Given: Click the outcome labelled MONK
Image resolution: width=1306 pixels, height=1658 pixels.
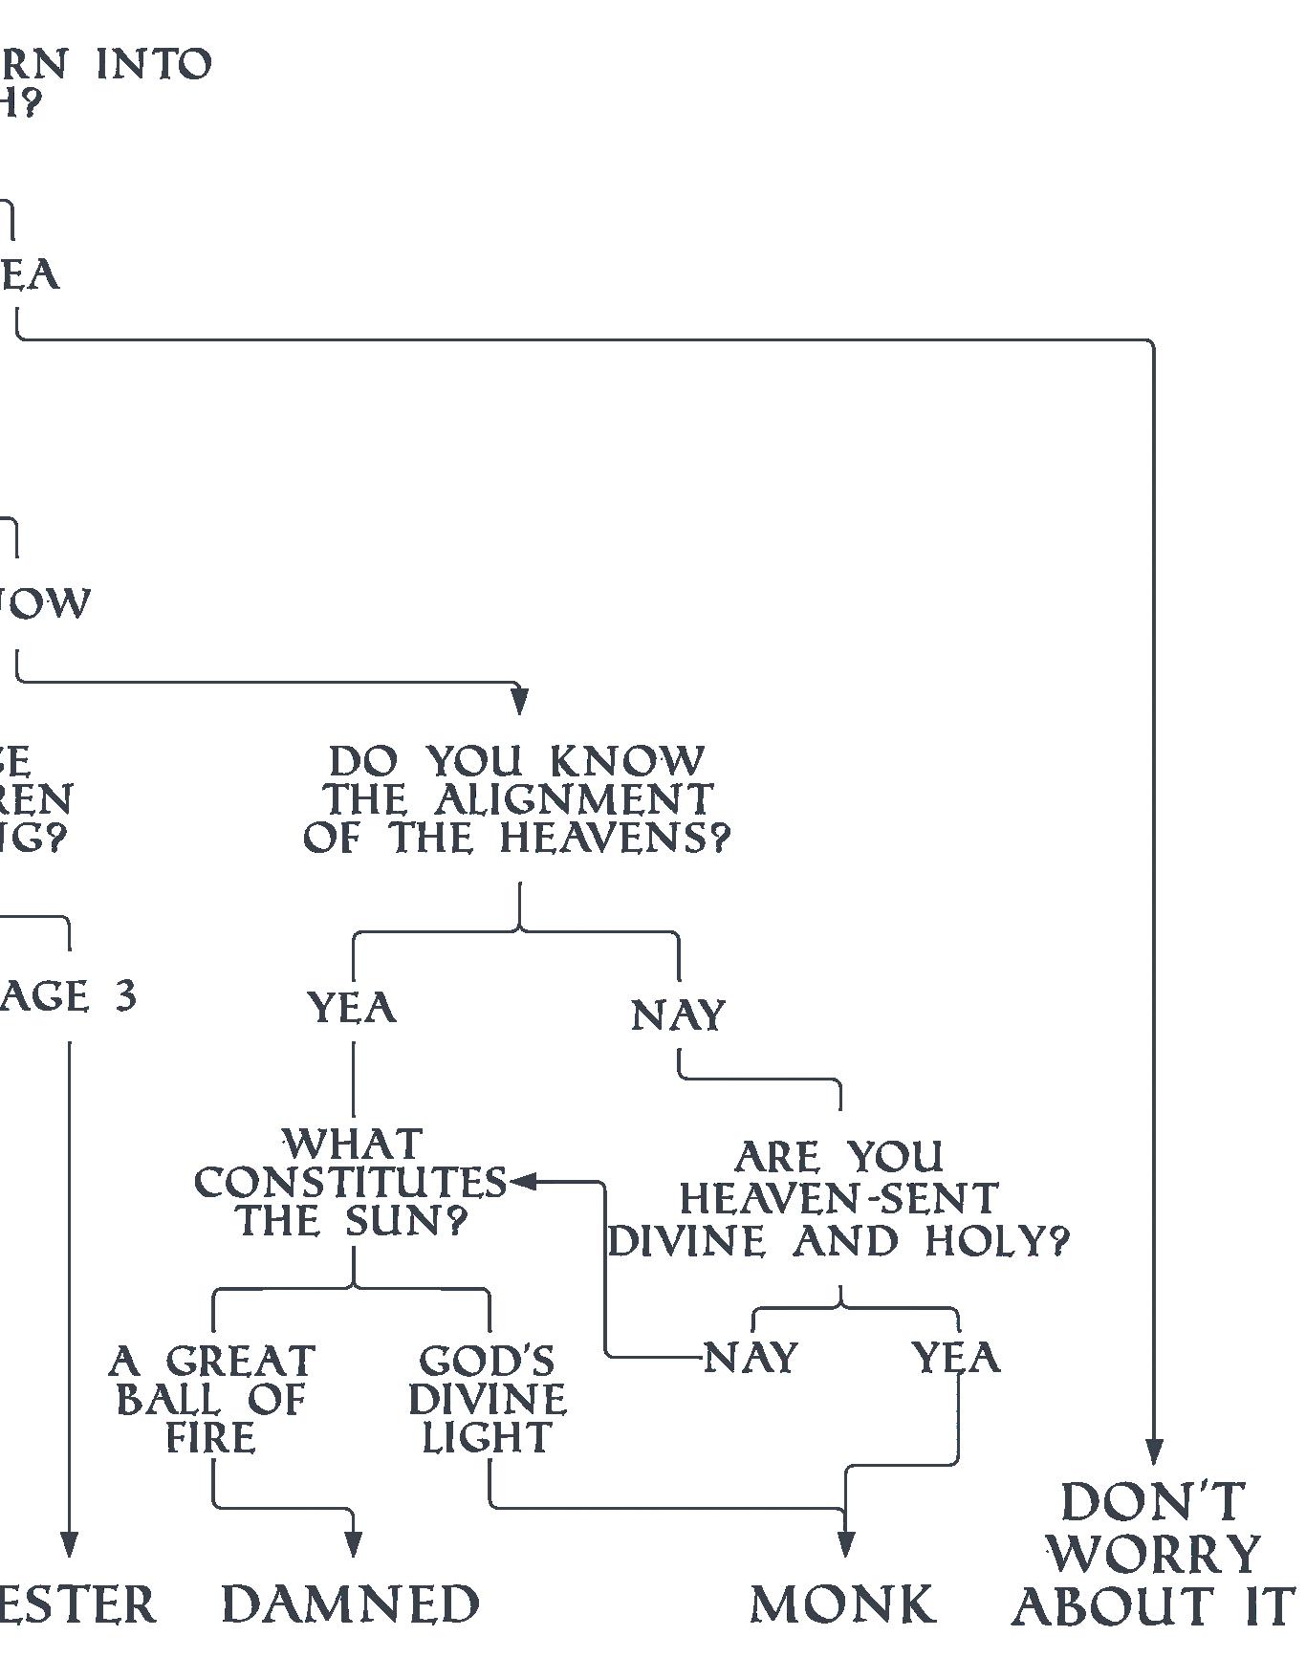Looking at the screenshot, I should click(842, 1604).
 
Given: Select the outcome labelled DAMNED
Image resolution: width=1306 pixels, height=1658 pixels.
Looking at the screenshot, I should click(351, 1604).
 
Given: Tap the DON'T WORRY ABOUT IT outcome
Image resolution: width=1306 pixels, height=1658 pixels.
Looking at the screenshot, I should click(1153, 1554).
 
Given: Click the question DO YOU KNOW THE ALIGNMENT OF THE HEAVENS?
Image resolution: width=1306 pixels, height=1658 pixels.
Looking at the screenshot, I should click(517, 799).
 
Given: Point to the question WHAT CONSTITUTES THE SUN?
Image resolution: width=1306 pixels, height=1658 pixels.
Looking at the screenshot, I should click(351, 1182).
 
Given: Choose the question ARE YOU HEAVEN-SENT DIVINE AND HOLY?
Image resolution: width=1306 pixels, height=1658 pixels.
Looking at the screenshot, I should click(839, 1199).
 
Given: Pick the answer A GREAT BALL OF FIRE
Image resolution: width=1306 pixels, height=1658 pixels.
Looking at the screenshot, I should click(211, 1399).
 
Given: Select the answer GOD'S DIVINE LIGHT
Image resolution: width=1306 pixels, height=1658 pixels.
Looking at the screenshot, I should click(488, 1399).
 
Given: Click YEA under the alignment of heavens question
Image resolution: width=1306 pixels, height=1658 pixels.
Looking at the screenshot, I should click(352, 1008).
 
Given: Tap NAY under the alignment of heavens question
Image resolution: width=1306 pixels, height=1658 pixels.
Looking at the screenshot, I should click(679, 1014).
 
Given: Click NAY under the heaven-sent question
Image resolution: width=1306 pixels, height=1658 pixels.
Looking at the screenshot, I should click(751, 1357).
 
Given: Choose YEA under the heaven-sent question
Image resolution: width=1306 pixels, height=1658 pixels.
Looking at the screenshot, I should click(956, 1357).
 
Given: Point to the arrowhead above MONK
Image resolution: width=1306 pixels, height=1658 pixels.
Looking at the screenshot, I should click(845, 1542).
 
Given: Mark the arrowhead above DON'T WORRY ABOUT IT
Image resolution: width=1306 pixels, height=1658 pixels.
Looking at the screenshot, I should click(1154, 1451).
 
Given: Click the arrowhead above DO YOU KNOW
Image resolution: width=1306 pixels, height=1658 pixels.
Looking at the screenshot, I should click(519, 701).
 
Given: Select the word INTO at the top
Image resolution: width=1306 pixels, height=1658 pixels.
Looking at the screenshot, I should click(154, 65).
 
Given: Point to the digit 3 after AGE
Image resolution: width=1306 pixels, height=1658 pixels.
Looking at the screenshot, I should click(125, 996).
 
